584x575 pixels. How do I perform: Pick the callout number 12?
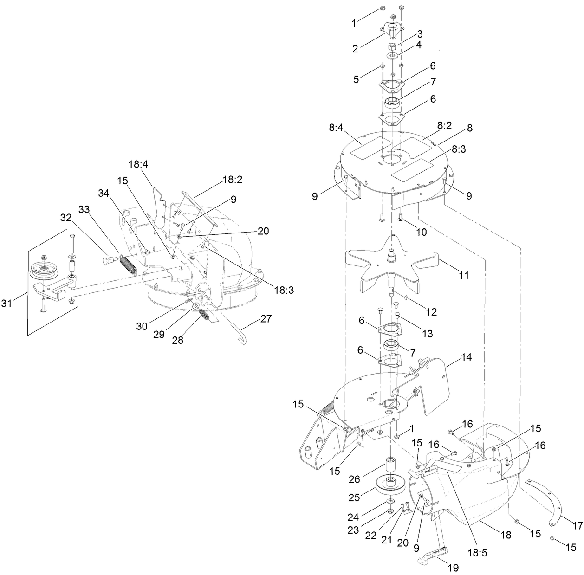pyautogui.click(x=431, y=312)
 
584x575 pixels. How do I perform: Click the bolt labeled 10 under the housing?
pyautogui.click(x=401, y=217)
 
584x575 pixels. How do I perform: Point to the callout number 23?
pyautogui.click(x=353, y=530)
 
